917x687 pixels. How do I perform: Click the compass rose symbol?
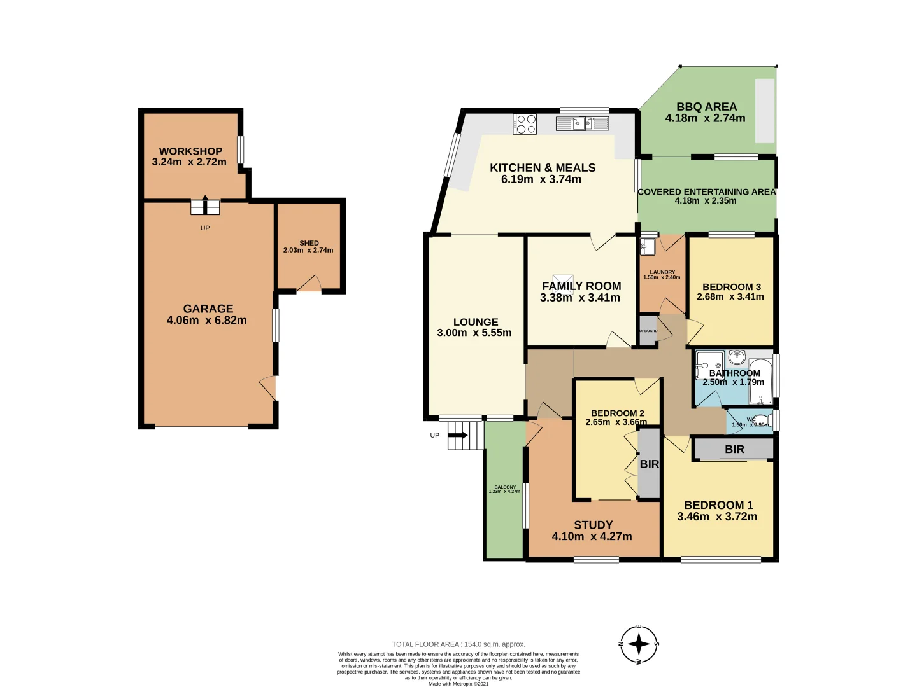tap(639, 644)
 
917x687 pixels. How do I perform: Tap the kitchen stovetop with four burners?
tap(525, 123)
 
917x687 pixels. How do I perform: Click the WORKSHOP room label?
tap(190, 151)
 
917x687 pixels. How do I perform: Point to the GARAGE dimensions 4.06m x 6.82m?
tap(206, 321)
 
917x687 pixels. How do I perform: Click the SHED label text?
tap(309, 243)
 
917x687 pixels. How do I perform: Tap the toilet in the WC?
tap(760, 420)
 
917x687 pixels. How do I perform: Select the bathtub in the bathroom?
tap(760, 380)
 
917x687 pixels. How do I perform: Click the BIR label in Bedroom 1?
tap(734, 449)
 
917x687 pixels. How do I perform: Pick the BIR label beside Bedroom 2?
tap(649, 464)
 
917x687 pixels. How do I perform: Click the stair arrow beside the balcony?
tap(458, 436)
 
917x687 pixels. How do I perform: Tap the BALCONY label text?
tap(505, 487)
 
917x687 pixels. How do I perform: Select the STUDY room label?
tap(593, 525)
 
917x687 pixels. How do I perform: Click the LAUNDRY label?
tap(662, 272)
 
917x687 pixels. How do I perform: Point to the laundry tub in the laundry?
tap(648, 246)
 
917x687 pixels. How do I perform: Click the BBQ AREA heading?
tap(706, 107)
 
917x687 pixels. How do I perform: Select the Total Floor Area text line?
tap(458, 644)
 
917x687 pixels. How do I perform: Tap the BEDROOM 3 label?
tap(731, 287)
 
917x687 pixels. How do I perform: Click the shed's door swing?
tap(309, 284)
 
